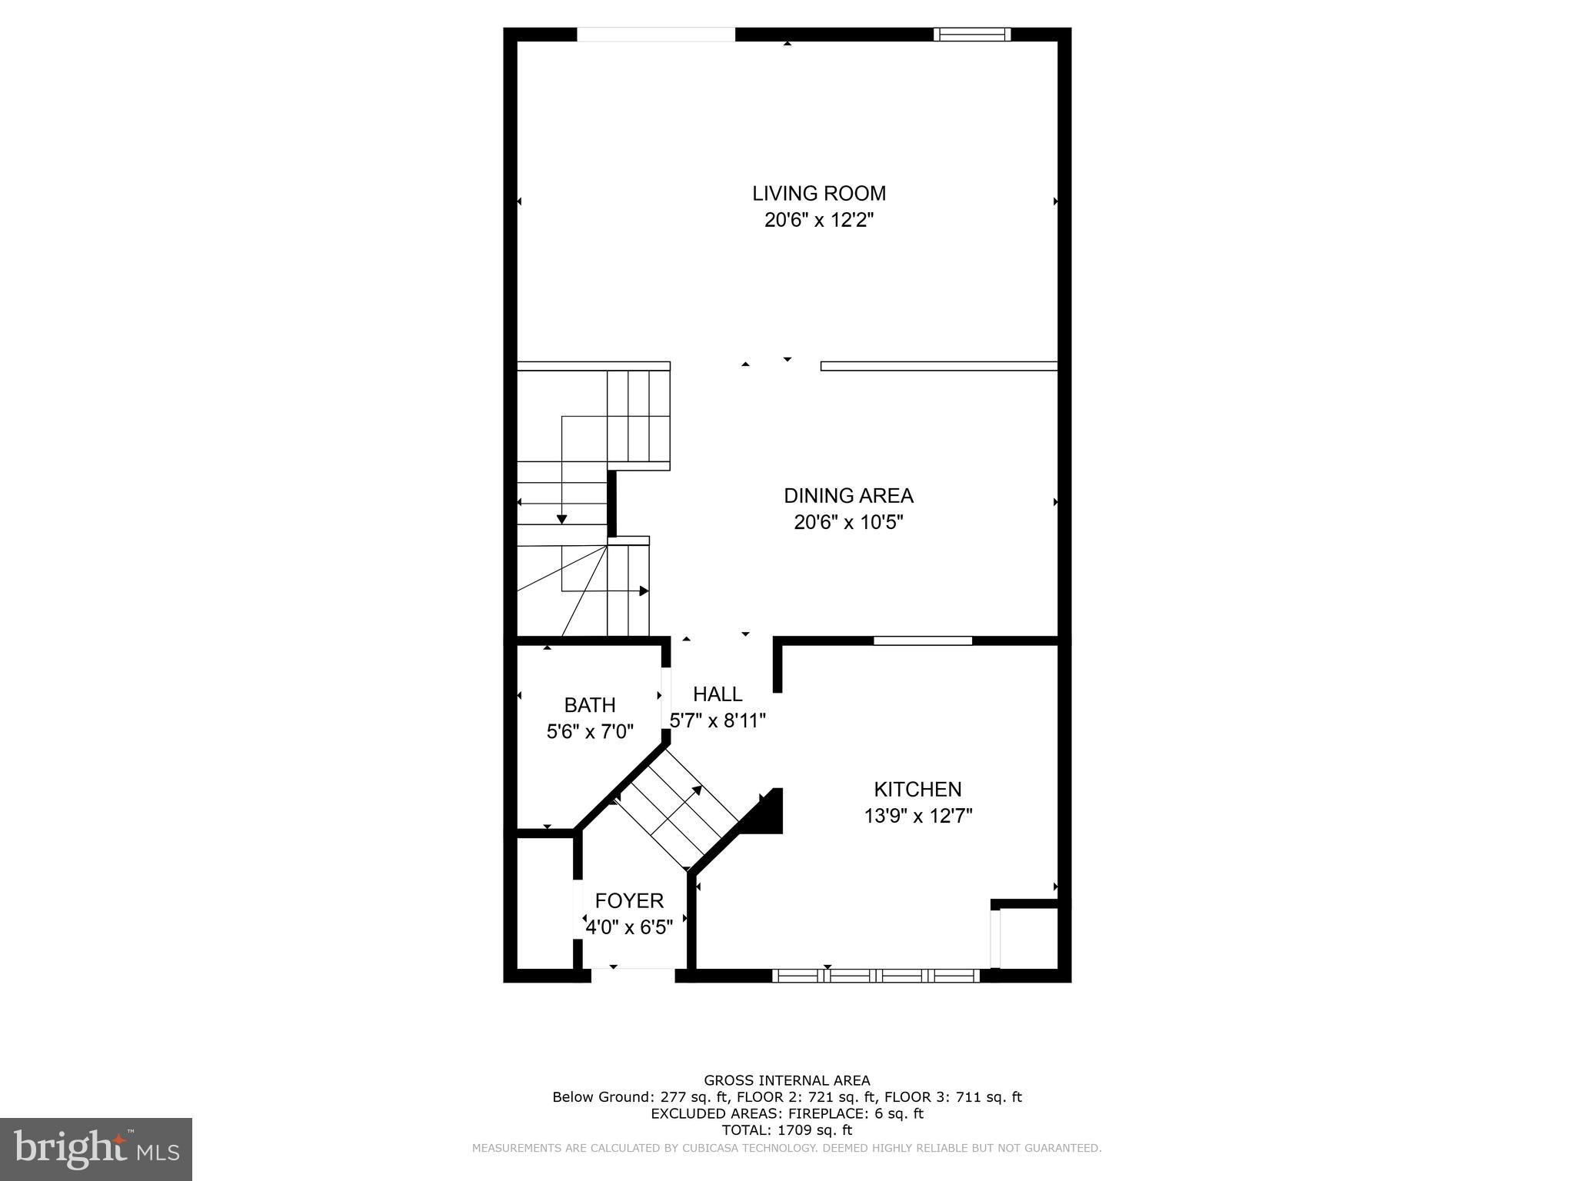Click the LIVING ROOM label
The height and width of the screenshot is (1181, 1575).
click(x=818, y=193)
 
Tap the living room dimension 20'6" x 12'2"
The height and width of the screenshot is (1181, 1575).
click(x=818, y=221)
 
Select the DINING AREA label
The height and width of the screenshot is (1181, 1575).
click(x=848, y=495)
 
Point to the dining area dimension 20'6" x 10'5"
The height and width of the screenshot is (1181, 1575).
click(x=848, y=523)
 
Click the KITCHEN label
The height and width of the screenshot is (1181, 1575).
click(x=917, y=789)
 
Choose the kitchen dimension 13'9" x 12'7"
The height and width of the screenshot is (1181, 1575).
click(x=917, y=816)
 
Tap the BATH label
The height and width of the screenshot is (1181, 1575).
click(x=590, y=704)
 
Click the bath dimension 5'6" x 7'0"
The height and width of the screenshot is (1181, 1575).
click(x=590, y=731)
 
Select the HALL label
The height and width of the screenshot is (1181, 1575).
click(x=718, y=694)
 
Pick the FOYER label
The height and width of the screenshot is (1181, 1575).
click(x=629, y=900)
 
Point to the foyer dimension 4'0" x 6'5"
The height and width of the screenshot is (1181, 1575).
click(x=629, y=928)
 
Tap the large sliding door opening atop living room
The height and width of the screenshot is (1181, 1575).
click(x=656, y=35)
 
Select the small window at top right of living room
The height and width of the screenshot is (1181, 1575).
click(x=971, y=34)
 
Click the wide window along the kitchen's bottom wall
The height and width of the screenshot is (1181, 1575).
click(x=875, y=976)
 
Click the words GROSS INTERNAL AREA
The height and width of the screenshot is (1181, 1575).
click(x=787, y=1080)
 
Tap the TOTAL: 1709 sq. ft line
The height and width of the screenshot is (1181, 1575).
click(x=787, y=1130)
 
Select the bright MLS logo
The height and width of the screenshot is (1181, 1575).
click(x=96, y=1149)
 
